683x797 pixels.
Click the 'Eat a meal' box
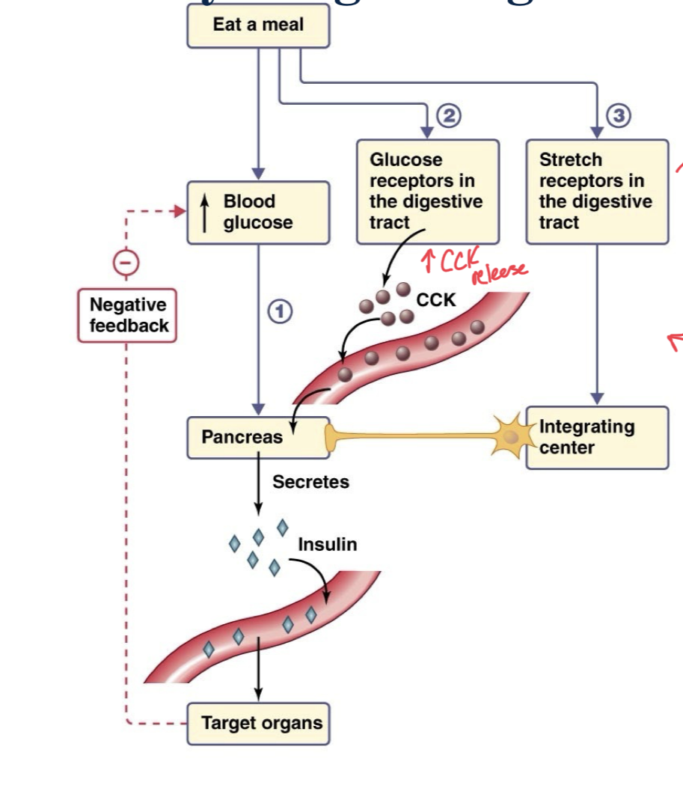(258, 25)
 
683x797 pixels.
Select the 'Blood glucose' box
(258, 213)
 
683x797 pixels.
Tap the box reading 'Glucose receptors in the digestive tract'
(427, 192)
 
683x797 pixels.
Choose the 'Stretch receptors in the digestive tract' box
(597, 192)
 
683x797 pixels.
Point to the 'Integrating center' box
(597, 438)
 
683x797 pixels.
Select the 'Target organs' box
(258, 723)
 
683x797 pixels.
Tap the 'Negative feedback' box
(128, 315)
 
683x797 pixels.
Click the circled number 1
(280, 312)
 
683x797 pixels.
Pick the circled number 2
(449, 116)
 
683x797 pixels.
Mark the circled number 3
(619, 116)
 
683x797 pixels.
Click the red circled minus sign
(126, 262)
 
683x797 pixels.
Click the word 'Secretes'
(310, 482)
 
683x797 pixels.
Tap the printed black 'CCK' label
(435, 300)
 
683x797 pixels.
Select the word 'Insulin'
(327, 545)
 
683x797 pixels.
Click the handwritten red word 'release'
(498, 274)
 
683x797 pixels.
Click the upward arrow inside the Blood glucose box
(205, 213)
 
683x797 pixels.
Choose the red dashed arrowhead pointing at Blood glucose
(179, 212)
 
